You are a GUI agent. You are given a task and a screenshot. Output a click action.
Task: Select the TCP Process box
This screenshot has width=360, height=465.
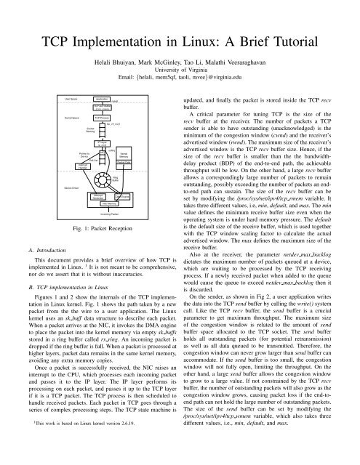click(x=102, y=116)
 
